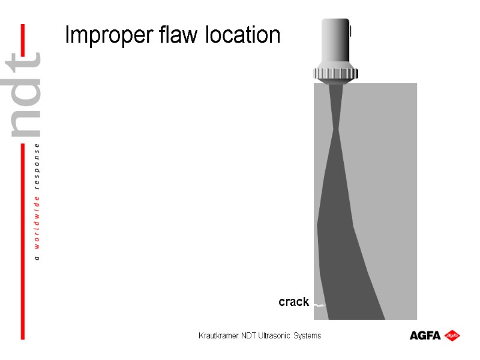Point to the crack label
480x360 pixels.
point(293,302)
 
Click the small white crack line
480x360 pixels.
point(320,305)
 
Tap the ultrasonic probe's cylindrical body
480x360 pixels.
point(335,42)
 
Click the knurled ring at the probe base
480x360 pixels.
point(335,74)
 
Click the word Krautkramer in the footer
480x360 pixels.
point(218,336)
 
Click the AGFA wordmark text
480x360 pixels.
point(425,335)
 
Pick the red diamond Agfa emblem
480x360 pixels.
point(452,335)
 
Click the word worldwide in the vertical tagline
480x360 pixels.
point(38,220)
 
